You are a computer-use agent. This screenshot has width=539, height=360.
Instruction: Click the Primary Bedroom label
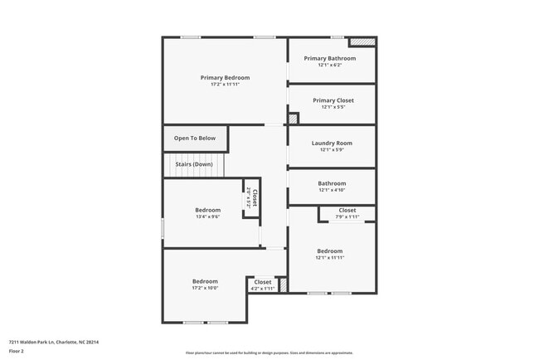pos(225,77)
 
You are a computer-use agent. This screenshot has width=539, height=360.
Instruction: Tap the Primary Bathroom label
pos(329,58)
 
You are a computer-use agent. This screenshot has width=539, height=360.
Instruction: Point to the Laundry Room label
pos(332,143)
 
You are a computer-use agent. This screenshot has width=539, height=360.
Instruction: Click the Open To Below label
pos(194,138)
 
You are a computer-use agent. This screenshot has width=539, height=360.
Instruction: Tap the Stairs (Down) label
pos(193,164)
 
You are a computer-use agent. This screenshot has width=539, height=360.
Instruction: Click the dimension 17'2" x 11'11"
pos(225,84)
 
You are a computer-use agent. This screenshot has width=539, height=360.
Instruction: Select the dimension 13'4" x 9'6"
pos(207,216)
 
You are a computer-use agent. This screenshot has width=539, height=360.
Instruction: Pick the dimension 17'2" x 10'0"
pos(205,288)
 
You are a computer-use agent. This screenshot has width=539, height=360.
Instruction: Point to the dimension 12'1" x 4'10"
pos(332,190)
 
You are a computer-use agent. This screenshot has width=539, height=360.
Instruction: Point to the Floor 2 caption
pos(17,351)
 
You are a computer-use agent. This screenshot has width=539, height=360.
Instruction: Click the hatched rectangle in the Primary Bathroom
pos(362,41)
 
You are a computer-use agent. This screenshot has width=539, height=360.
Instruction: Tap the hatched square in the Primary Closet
pos(292,119)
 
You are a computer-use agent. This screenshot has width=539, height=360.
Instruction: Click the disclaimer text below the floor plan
pos(269,353)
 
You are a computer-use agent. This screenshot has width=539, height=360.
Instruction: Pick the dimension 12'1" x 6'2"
pos(329,65)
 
